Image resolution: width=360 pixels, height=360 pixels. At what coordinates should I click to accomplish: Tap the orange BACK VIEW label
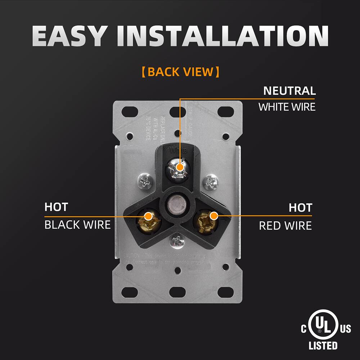(180, 72)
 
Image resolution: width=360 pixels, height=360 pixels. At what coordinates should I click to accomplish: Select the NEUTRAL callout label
(289, 91)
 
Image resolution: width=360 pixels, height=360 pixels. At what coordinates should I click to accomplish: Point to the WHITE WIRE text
(287, 107)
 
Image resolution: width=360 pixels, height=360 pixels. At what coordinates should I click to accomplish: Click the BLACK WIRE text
(77, 225)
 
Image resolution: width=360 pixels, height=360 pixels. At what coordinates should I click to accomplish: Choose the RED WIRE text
(285, 226)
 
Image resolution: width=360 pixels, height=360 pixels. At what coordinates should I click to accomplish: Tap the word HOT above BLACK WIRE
(56, 207)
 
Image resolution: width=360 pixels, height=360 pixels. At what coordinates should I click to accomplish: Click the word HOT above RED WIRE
(300, 208)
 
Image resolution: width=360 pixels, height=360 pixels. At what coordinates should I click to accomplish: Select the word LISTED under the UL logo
(323, 346)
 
